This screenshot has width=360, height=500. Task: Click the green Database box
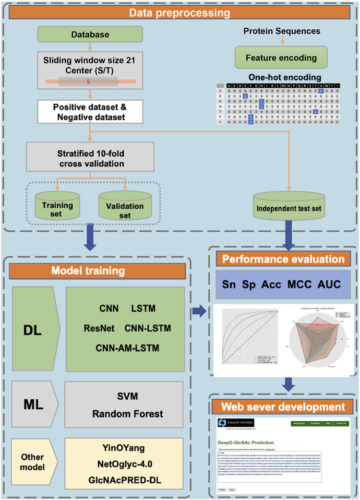(x=90, y=35)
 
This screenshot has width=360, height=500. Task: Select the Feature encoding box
(x=281, y=58)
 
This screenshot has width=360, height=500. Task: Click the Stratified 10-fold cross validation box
(x=90, y=159)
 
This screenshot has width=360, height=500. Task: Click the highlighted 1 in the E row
(x=245, y=97)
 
